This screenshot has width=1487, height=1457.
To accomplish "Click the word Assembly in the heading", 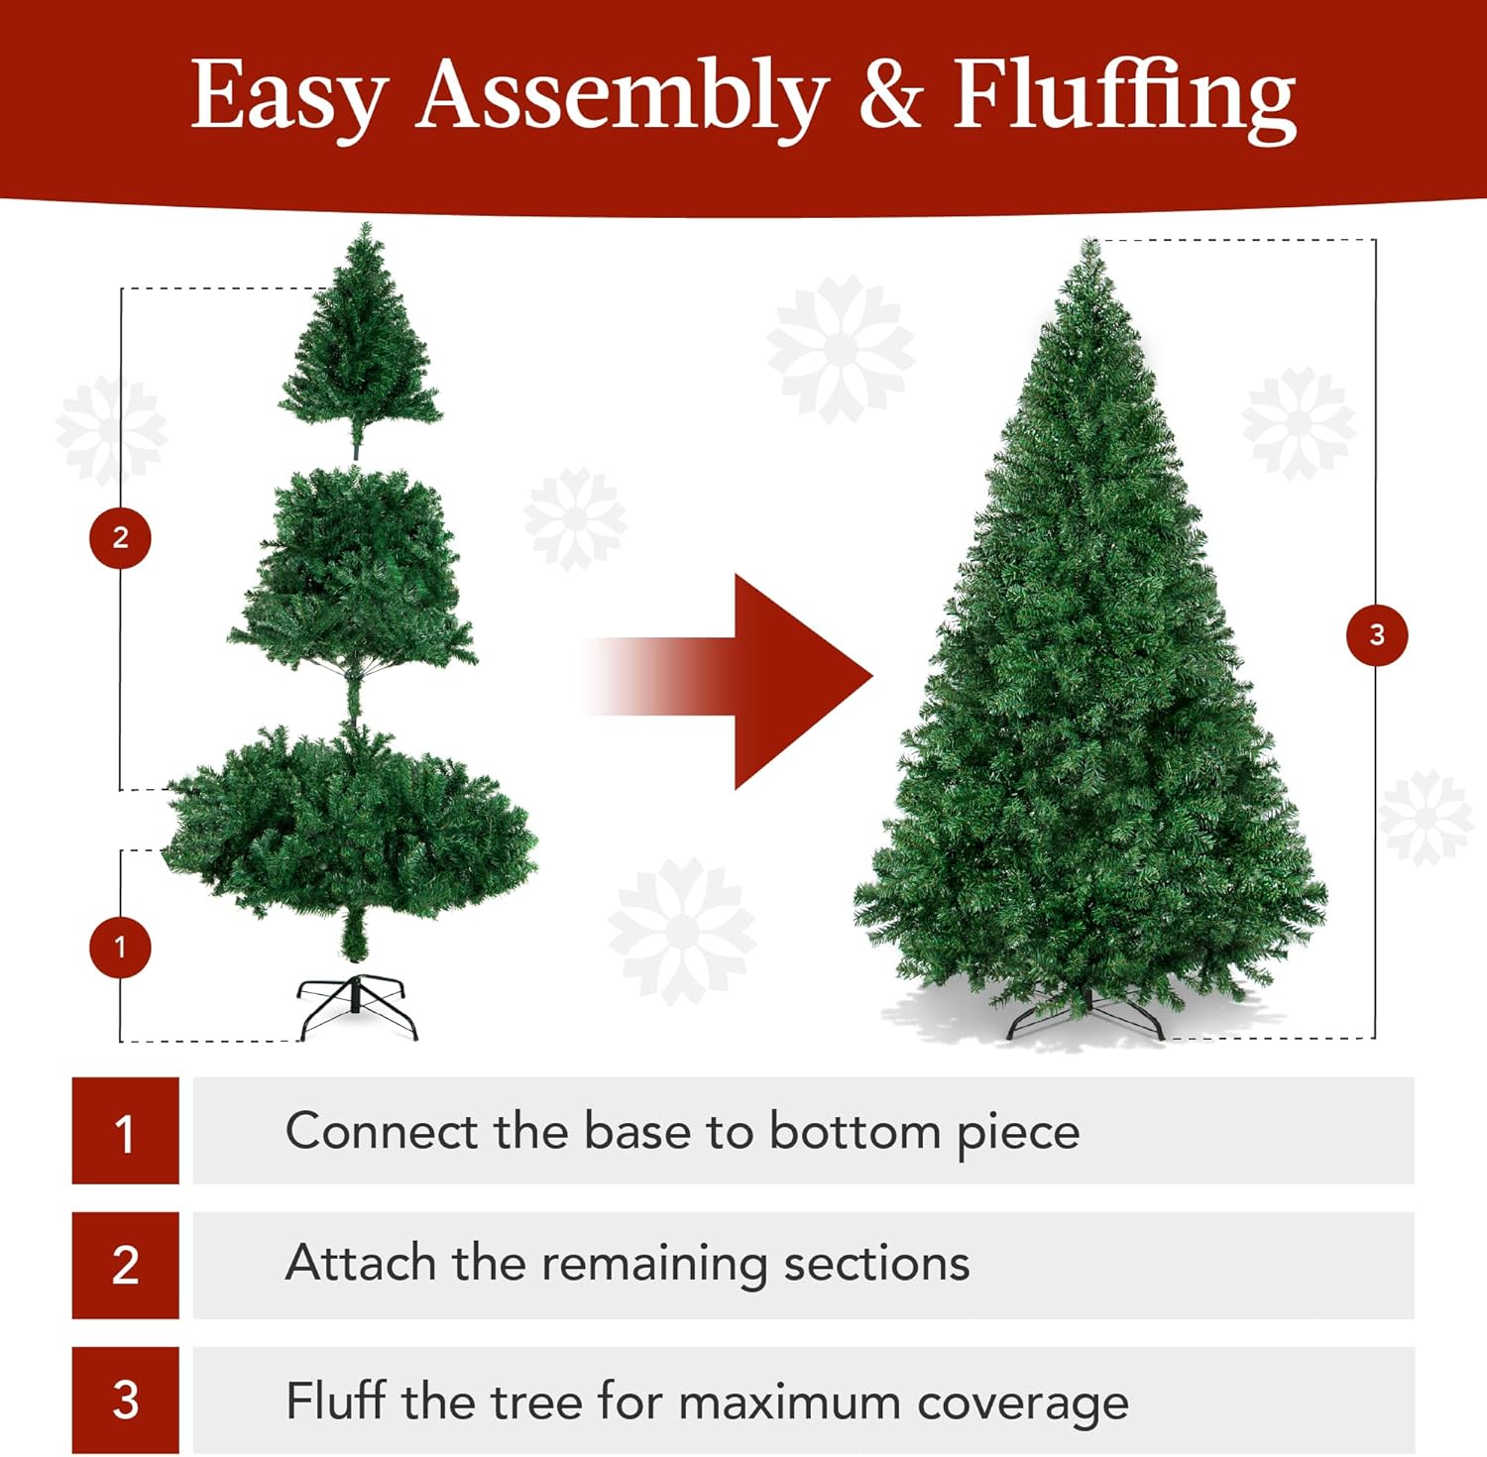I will [622, 96].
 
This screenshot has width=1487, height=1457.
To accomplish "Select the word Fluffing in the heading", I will [1124, 96].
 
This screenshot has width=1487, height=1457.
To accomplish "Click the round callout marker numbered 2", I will [120, 538].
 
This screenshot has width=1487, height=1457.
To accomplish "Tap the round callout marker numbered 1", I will [120, 948].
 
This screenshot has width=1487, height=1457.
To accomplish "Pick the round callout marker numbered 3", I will [1376, 635].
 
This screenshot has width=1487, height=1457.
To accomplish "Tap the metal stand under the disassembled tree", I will [357, 1005].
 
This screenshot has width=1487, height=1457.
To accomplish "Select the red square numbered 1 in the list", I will [125, 1131].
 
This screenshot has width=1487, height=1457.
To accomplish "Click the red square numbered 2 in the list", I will [125, 1265].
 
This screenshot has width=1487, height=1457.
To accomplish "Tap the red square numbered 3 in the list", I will [125, 1400].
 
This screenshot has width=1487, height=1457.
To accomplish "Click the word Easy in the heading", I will [287, 96].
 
